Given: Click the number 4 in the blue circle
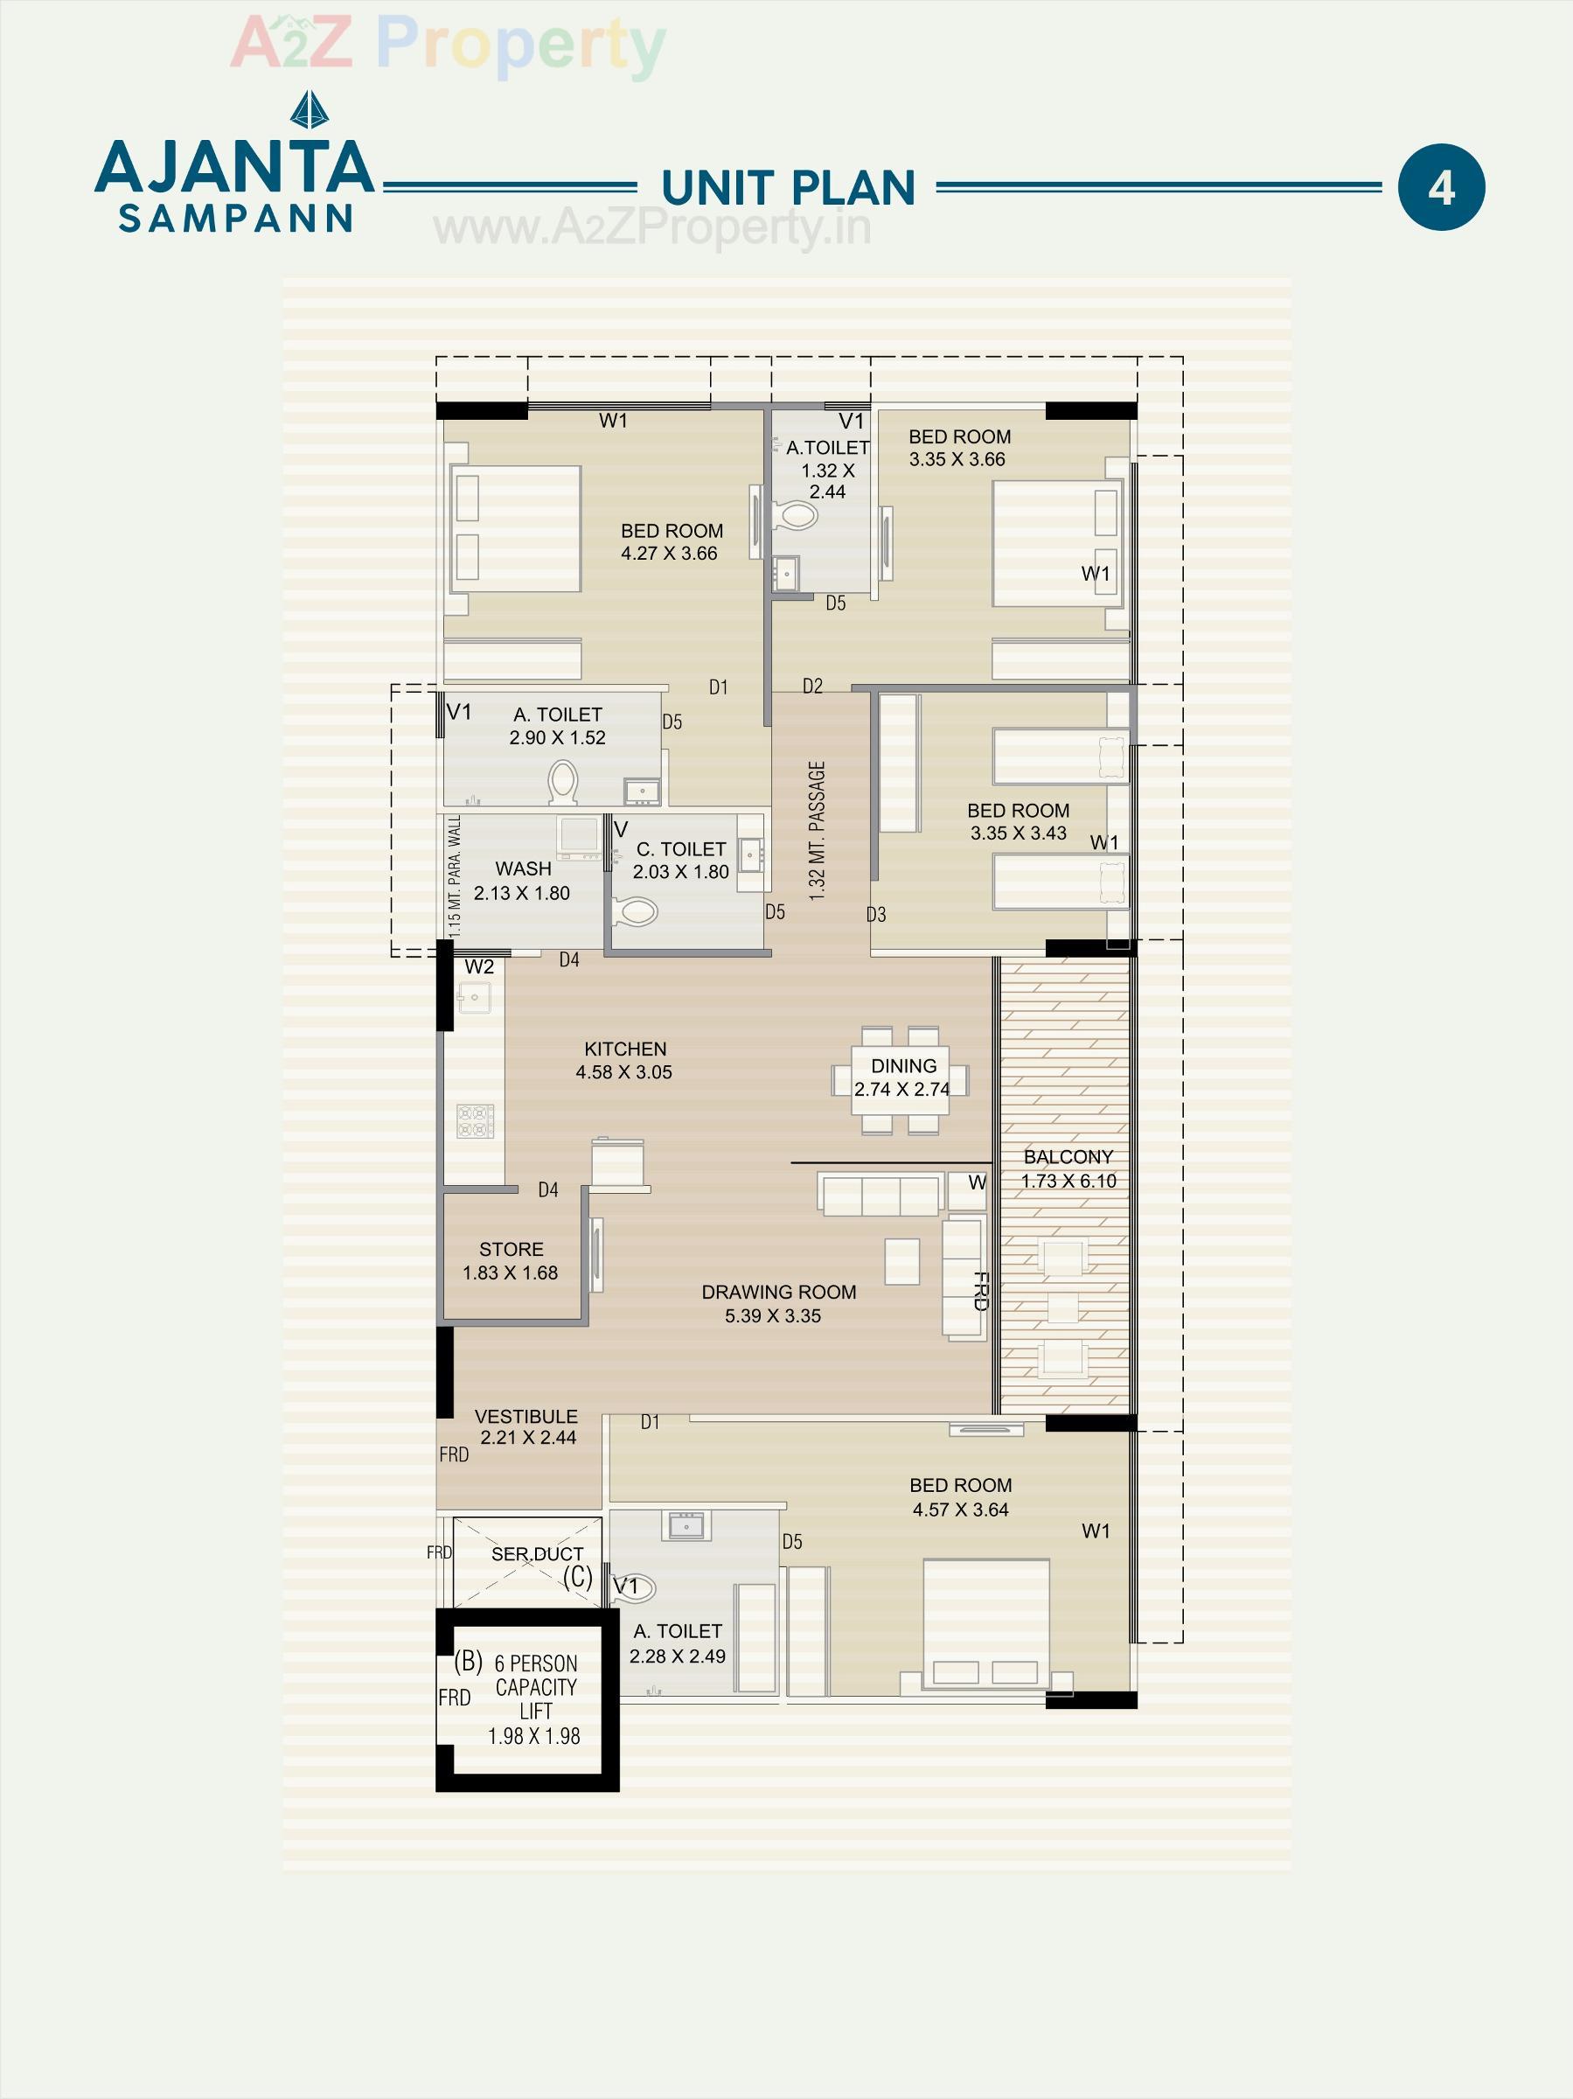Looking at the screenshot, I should coord(1440,188).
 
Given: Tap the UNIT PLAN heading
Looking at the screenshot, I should coord(788,188).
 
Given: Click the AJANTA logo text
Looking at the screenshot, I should coord(235,166).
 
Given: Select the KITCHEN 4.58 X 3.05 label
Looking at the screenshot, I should coord(624,1060).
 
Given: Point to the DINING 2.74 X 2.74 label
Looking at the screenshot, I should coord(902,1077).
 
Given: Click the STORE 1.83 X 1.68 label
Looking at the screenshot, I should coord(511,1260).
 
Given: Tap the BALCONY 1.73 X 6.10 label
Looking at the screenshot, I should coord(1068,1168).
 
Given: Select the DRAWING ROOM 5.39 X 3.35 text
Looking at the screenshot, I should coord(778,1303).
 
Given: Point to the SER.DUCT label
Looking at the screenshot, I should coord(537,1553).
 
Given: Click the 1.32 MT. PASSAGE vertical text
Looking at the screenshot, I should coord(817,830).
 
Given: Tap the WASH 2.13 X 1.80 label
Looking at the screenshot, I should coord(522,881).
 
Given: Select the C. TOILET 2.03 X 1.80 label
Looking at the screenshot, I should coord(681,860).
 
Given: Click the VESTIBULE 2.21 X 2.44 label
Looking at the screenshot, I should coord(526,1426).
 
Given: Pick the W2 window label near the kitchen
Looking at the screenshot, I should coord(479,967).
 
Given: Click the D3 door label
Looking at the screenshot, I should coord(875,915).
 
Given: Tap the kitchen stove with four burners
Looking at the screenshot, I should coord(476,1120).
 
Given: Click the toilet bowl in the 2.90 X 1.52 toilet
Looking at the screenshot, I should coord(562,784).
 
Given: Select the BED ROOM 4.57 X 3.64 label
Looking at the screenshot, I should coord(960,1496).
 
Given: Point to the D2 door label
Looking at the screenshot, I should coord(812,686).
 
